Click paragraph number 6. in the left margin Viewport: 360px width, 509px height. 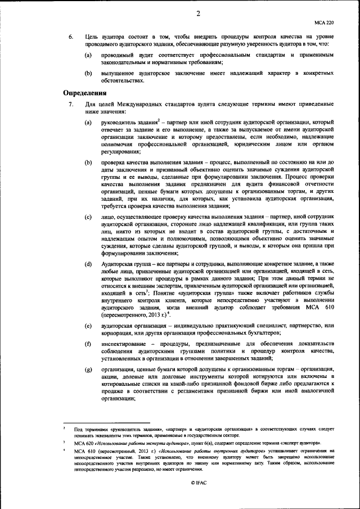[x=71, y=37]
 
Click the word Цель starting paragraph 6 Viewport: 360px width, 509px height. [x=92, y=37]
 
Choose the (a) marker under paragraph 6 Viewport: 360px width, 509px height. [x=88, y=56]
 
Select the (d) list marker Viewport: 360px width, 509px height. [x=88, y=264]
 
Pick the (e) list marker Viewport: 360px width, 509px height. [x=88, y=326]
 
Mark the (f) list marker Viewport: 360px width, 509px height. [x=88, y=344]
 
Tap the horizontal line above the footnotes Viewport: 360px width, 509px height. [x=106, y=422]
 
